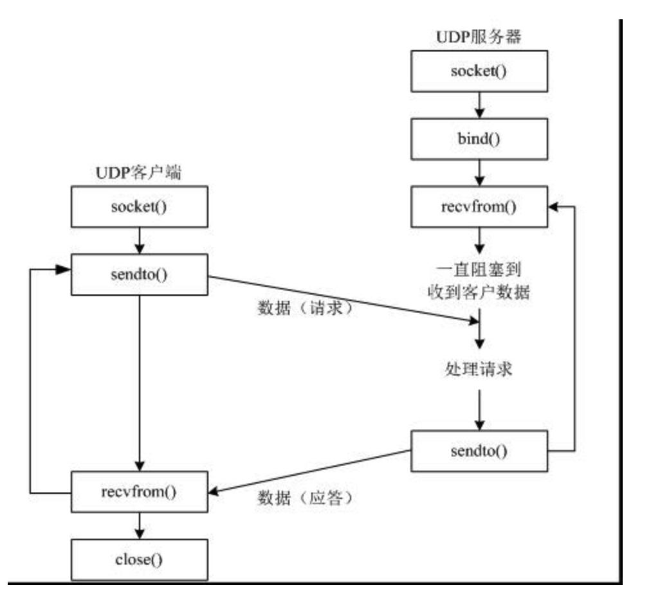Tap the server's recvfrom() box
point(479,208)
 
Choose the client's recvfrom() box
point(140,492)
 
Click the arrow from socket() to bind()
point(479,104)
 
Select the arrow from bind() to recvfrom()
point(479,172)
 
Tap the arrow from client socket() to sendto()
point(140,241)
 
